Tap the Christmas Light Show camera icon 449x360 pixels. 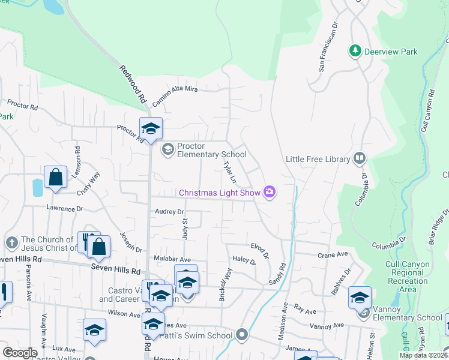(x=270, y=192)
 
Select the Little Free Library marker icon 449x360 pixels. (x=360, y=158)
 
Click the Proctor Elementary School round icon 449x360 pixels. (x=167, y=148)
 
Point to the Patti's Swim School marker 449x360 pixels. (x=242, y=334)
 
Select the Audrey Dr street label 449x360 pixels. (x=169, y=212)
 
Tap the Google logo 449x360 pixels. (x=20, y=352)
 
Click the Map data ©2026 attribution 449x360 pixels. (x=424, y=355)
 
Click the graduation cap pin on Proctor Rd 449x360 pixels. (x=151, y=128)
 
